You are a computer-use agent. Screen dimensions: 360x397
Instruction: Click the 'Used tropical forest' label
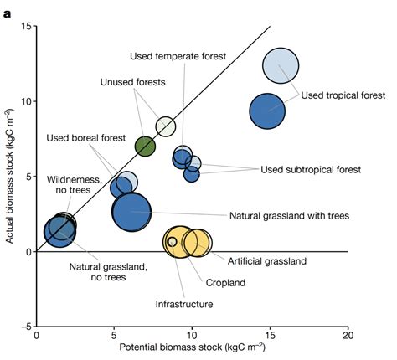(338, 95)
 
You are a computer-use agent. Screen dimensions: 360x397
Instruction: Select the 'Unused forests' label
(133, 82)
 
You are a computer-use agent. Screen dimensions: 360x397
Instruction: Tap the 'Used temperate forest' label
(178, 56)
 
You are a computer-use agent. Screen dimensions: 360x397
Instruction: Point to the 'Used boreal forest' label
(86, 138)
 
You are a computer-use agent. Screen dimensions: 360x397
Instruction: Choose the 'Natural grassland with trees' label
(289, 215)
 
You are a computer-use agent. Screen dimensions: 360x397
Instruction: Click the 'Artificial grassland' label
(267, 261)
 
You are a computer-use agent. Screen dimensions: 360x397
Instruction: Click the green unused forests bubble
(146, 147)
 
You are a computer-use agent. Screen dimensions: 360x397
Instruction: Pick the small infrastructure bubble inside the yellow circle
(173, 242)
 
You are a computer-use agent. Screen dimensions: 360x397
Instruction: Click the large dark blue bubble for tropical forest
(268, 110)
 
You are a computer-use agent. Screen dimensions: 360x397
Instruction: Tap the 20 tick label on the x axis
(348, 337)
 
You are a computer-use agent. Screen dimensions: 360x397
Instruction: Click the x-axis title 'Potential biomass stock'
(192, 349)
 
